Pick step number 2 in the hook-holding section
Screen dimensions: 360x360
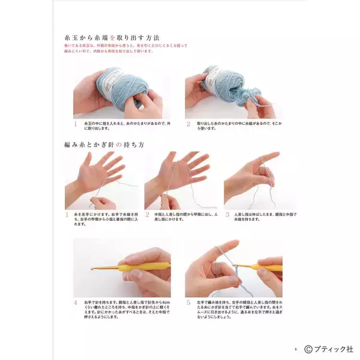[x=148, y=214]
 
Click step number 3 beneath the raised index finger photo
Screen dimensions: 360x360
[x=227, y=214]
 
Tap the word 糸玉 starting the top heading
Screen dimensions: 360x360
[x=73, y=37]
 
